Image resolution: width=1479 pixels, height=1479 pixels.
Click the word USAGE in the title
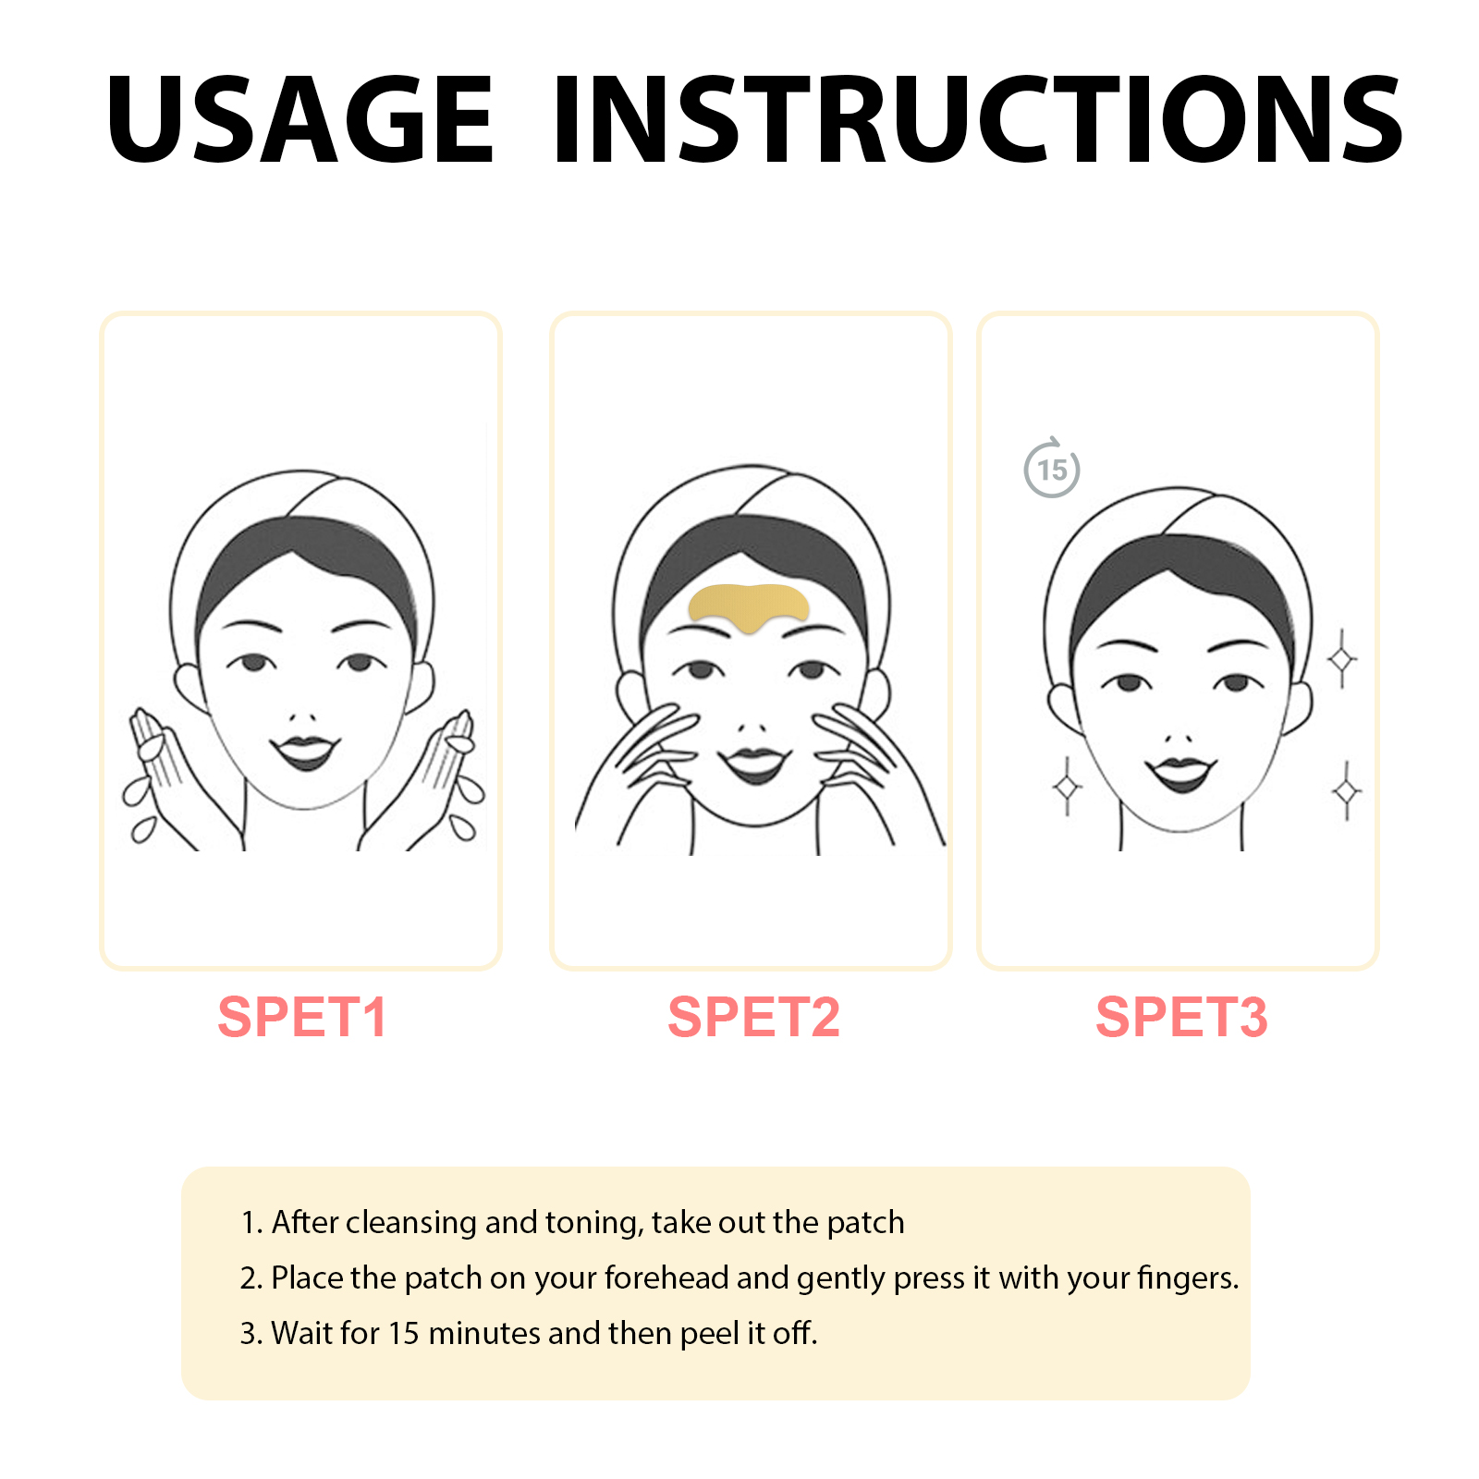pos(300,120)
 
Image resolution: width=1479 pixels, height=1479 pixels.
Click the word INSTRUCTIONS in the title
pos(978,120)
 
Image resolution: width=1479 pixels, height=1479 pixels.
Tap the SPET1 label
pos(302,1018)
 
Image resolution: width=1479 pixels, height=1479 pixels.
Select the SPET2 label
pos(754,1018)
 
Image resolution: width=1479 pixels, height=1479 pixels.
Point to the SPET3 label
pos(1181,1018)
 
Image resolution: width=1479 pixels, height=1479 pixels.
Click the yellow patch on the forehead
pos(749,606)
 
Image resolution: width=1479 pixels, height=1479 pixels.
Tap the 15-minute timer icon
pos(1052,468)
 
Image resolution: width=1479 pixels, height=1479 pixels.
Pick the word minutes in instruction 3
pos(484,1333)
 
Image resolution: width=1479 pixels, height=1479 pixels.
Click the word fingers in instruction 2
pos(1188,1278)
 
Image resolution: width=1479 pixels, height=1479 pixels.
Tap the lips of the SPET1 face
pos(305,752)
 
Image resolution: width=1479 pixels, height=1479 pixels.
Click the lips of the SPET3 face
pos(1180,774)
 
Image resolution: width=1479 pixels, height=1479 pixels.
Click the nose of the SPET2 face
pos(753,727)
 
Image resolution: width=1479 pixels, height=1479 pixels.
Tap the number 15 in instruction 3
pos(404,1333)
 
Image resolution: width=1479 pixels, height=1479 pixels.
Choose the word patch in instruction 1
pos(865,1223)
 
